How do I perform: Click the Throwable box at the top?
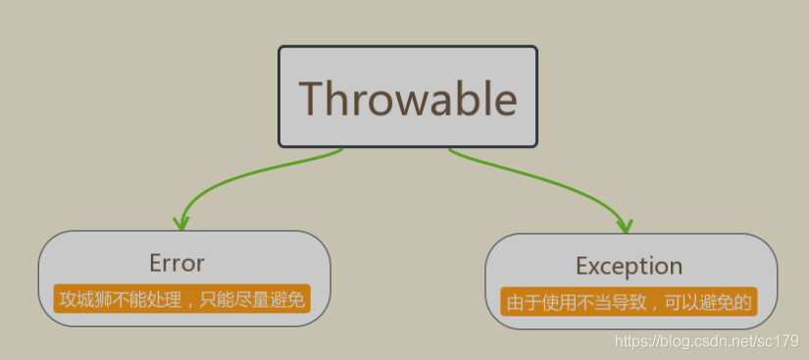[x=408, y=96]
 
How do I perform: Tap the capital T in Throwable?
[x=311, y=98]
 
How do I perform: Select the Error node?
[x=183, y=278]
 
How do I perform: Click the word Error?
[x=177, y=263]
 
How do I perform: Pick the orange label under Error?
[x=182, y=298]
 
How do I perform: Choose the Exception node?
[x=631, y=281]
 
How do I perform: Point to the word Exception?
[x=629, y=266]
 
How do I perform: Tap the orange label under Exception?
[x=629, y=301]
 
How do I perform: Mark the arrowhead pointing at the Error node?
[x=178, y=221]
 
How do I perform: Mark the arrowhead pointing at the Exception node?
[x=625, y=225]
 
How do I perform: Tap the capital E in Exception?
[x=581, y=266]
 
